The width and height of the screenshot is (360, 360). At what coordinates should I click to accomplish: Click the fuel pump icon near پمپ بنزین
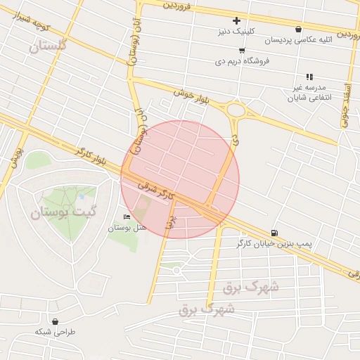pos(274,233)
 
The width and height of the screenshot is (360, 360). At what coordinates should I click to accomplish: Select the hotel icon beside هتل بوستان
pos(127,217)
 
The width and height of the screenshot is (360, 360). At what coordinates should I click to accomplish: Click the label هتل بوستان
pos(127,228)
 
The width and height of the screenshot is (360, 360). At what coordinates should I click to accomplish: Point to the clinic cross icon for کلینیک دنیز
pos(236,21)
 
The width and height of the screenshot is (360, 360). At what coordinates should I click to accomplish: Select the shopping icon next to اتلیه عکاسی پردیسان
pos(299,30)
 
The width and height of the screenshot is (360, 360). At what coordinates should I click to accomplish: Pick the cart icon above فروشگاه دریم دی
pos(242,51)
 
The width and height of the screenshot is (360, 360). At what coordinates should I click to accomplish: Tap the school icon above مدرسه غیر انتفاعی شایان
pos(308,77)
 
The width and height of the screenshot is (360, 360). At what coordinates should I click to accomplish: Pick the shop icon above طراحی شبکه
pos(54,321)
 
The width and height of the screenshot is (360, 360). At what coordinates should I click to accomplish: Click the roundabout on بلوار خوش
pos(235,110)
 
